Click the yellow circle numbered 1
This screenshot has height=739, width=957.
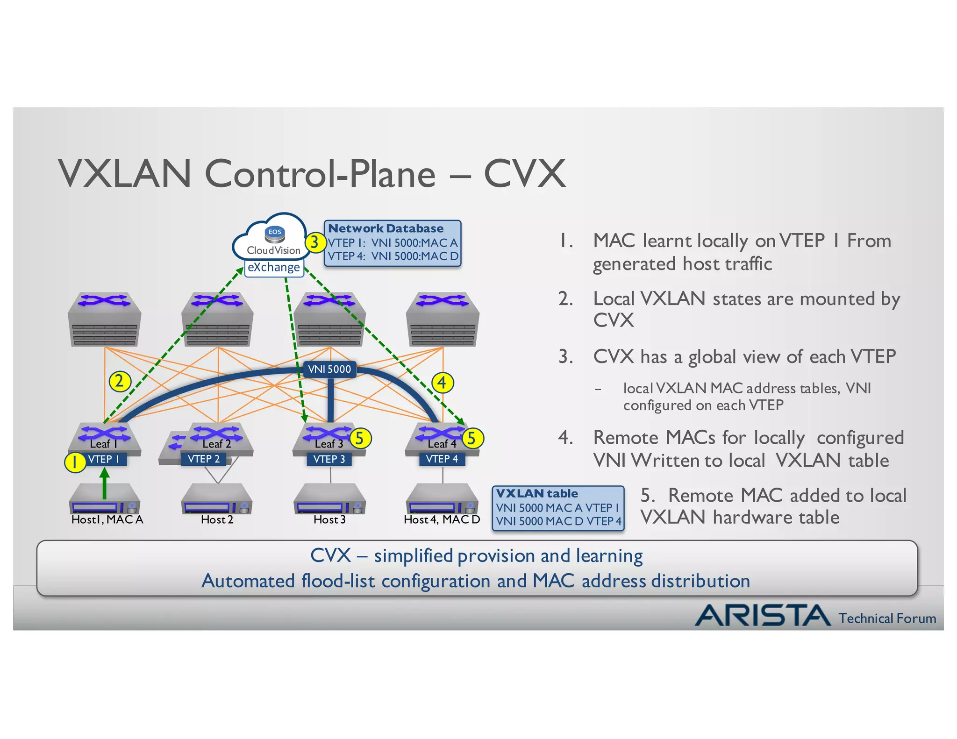pos(74,462)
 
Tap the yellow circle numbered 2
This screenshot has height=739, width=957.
pos(120,381)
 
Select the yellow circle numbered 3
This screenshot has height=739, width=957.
pos(315,242)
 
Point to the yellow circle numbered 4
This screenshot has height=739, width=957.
pos(442,383)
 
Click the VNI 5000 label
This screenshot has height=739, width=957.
pos(329,369)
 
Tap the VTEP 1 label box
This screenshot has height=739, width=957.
pos(104,459)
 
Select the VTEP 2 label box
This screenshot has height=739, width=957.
pos(204,459)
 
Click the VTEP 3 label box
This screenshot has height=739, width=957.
pos(329,459)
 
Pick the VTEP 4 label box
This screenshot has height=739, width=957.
pos(442,459)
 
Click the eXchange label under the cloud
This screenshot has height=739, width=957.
pos(274,268)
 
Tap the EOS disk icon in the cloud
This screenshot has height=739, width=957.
pos(275,232)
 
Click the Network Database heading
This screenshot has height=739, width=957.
pos(386,228)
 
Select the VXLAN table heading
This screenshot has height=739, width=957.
pos(537,494)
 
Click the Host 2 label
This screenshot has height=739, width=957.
pos(217,519)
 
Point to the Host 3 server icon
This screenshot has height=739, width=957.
pos(329,500)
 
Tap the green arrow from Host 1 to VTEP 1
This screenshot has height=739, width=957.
pos(105,483)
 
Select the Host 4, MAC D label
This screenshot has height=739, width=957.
pos(442,519)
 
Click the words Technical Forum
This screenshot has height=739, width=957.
pos(887,618)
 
